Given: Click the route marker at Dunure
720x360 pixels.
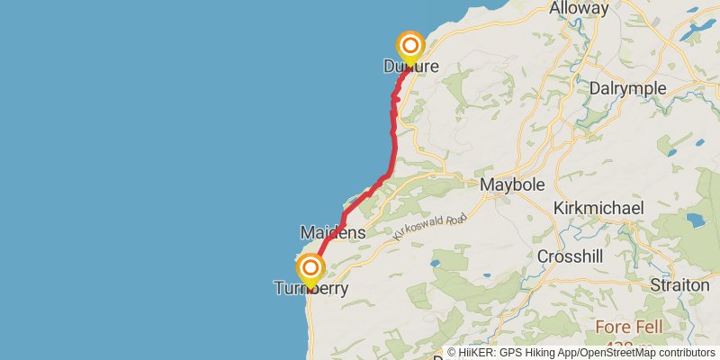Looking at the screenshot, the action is pyautogui.click(x=410, y=46).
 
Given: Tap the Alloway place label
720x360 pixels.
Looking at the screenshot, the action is pyautogui.click(x=580, y=9).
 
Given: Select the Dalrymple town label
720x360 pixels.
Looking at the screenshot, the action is pyautogui.click(x=628, y=88).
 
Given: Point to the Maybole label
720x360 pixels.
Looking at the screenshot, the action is pyautogui.click(x=514, y=184).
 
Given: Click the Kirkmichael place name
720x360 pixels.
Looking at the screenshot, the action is pyautogui.click(x=598, y=208).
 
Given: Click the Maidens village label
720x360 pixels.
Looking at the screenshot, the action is pyautogui.click(x=332, y=232).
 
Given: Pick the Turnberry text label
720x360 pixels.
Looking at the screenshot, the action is pyautogui.click(x=310, y=289).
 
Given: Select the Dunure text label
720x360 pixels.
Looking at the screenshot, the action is pyautogui.click(x=410, y=67).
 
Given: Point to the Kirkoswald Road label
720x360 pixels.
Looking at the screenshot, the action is pyautogui.click(x=430, y=226).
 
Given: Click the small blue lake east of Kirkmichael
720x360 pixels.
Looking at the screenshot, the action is pyautogui.click(x=697, y=220).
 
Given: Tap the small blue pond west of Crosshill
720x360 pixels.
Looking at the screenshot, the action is pyautogui.click(x=435, y=263).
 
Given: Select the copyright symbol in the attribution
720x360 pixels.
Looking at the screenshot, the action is pyautogui.click(x=453, y=354).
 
